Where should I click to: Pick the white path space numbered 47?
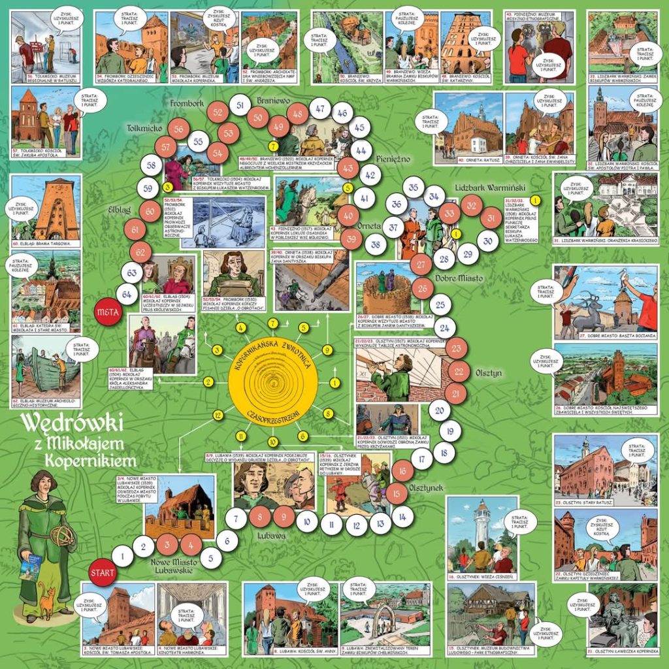pos(320,108)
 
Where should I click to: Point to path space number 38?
pos(373,246)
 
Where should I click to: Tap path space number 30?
pos(487,240)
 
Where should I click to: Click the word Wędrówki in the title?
pos(72,423)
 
